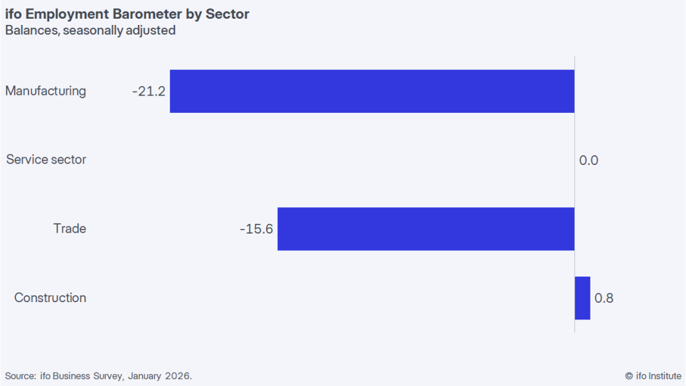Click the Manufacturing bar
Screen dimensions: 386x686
[x=372, y=91]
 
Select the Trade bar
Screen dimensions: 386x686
[x=425, y=229]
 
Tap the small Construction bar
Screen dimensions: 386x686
[x=582, y=298]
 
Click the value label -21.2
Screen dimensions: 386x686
[x=148, y=91]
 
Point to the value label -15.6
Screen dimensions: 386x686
[x=256, y=229]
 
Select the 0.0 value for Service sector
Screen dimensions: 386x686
[x=588, y=161]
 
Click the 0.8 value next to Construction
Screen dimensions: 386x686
[x=604, y=298]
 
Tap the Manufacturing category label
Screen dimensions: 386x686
[x=46, y=91]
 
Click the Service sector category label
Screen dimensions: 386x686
[x=46, y=159]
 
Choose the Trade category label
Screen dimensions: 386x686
[x=70, y=229]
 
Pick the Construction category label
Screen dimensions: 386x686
[x=51, y=298]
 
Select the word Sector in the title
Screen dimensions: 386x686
[x=227, y=14]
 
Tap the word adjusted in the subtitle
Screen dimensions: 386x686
[x=152, y=30]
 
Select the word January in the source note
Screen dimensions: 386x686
[x=143, y=376]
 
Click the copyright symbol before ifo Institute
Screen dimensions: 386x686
[x=628, y=376]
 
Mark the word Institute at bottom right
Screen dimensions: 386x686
[x=664, y=376]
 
